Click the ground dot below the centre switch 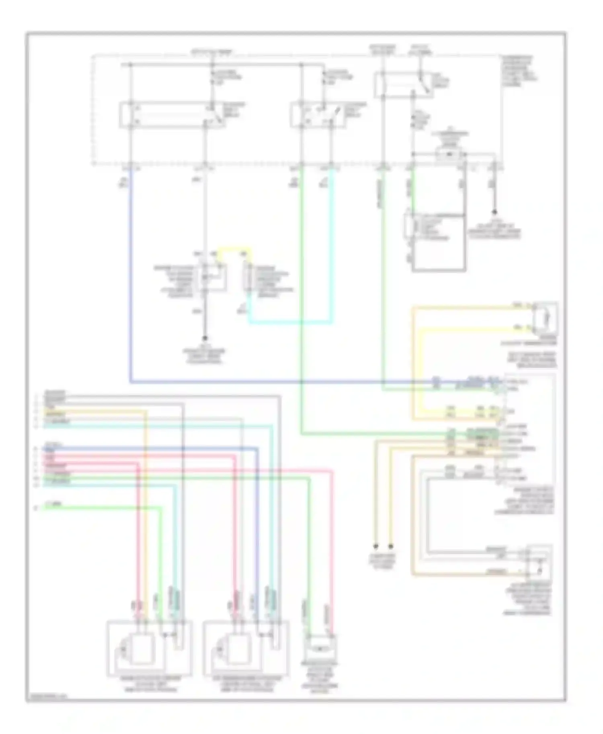coord(204,338)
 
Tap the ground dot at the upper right coord(494,212)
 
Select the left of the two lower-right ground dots coord(375,546)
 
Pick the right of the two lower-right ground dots coord(390,546)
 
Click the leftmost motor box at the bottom coord(149,648)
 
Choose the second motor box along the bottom coord(246,648)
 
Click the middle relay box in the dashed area coord(318,115)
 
